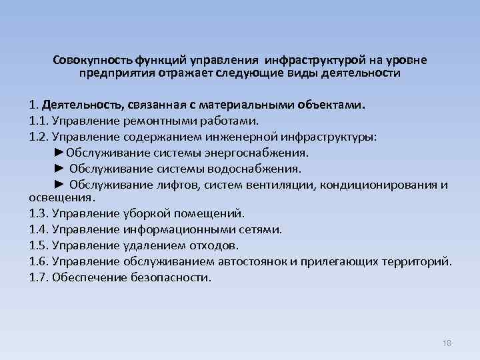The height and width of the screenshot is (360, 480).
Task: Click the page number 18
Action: point(447,343)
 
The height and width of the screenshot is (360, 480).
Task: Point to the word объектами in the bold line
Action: point(333,105)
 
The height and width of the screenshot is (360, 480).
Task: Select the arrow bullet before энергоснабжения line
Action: point(59,153)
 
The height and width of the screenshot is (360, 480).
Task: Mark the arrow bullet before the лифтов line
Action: point(59,184)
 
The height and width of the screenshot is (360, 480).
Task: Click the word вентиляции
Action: point(283,184)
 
